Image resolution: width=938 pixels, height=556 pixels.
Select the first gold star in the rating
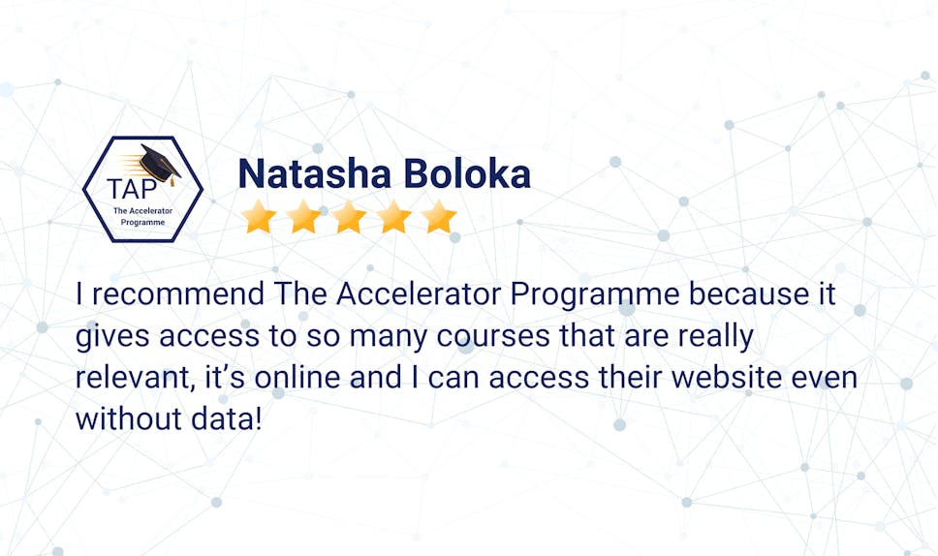tap(260, 218)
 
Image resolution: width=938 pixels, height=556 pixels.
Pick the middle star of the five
tap(350, 218)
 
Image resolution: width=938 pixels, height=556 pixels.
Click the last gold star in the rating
tap(439, 218)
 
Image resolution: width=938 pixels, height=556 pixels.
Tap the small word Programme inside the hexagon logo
tap(142, 222)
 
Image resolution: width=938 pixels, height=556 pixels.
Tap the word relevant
tap(125, 379)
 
